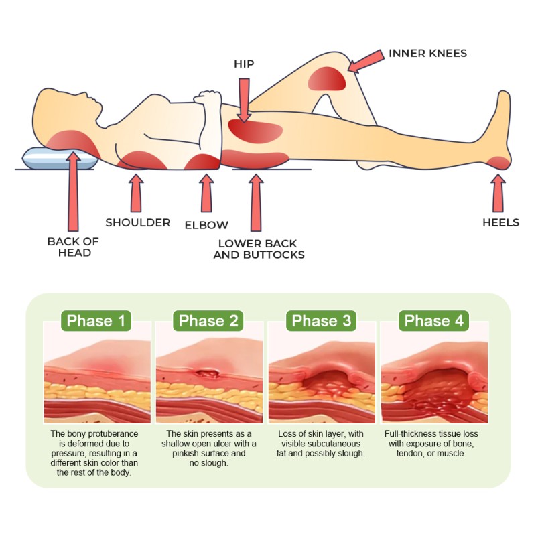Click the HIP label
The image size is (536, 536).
point(244,64)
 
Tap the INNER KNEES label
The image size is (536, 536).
point(427,53)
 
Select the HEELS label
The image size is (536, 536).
point(500,222)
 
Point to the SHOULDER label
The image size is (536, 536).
point(137,222)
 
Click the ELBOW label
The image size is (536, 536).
point(206,225)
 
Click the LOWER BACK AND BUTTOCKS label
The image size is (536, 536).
point(259,249)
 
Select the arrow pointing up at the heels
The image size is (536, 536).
point(497,192)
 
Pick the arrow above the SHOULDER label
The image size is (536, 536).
point(136,192)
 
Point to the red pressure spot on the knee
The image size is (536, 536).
point(327,80)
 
